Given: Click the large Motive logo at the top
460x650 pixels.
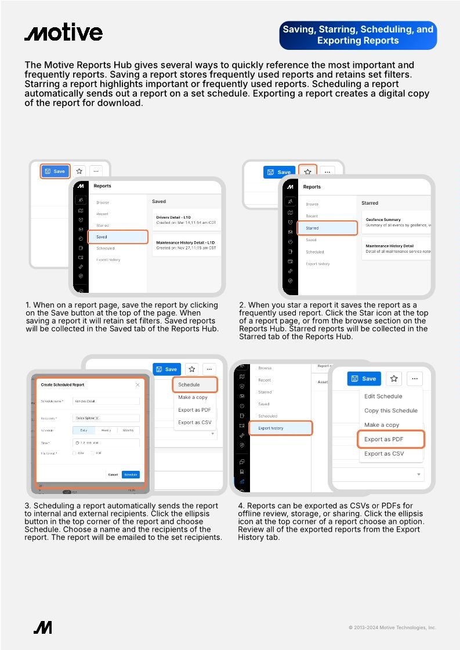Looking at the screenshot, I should click(63, 33).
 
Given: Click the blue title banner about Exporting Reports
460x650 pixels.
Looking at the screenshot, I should click(357, 35).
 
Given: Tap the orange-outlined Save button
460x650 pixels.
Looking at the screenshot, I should click(55, 171).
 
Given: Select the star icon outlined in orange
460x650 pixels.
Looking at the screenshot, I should click(308, 172).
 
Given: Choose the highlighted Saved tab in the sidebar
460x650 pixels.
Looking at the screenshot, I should click(118, 237).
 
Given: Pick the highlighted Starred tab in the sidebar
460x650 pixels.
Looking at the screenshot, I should click(327, 228).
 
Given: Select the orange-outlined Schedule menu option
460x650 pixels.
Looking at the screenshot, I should click(195, 384).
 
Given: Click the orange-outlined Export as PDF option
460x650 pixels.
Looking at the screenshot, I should click(390, 439).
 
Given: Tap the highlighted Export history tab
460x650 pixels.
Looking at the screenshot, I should click(281, 428).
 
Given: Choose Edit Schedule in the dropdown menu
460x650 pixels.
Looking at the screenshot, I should click(383, 396).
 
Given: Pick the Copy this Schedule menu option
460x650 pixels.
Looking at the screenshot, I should click(390, 411).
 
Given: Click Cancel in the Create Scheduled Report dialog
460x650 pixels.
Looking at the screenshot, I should click(113, 474).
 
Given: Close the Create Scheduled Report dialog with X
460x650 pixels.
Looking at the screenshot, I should click(137, 384).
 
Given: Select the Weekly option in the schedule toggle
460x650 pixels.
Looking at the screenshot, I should click(106, 430).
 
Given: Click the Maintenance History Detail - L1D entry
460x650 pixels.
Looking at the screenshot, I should click(186, 245).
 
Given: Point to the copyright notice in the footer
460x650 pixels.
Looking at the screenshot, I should click(392, 627).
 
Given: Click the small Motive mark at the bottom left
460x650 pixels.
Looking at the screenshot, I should click(43, 627).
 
